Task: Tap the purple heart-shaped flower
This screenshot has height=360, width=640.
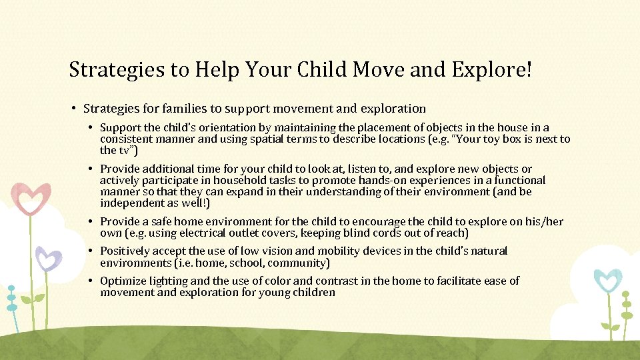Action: [48, 258]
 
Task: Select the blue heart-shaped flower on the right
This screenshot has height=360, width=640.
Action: [607, 281]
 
